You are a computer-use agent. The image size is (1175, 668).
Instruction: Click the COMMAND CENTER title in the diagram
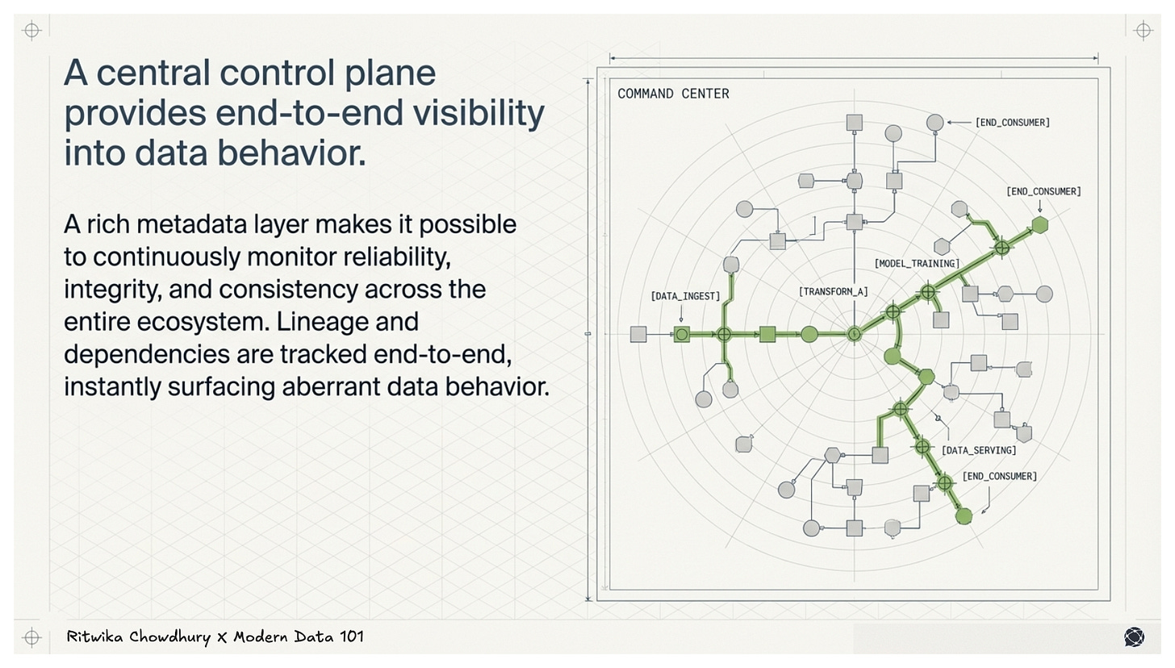[x=673, y=94]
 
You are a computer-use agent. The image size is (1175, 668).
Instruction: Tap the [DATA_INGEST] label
[x=685, y=296]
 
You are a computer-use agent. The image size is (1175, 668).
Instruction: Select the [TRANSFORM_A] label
[x=833, y=291]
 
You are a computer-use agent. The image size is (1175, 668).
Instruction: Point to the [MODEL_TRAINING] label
[x=917, y=264]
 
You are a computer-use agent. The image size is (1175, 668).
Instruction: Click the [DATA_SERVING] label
[x=978, y=450]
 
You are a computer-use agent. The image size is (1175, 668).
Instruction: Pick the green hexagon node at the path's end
[x=1039, y=225]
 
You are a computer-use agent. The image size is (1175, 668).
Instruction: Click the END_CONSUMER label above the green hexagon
[x=1043, y=191]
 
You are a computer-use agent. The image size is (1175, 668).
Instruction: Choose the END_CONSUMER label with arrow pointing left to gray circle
[x=1012, y=123]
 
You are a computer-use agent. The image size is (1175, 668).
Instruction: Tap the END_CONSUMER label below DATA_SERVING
[x=999, y=476]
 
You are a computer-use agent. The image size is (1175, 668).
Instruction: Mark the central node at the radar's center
[x=854, y=334]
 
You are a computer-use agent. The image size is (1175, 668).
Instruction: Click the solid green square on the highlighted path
[x=767, y=334]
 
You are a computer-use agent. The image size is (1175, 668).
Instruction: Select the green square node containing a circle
[x=682, y=334]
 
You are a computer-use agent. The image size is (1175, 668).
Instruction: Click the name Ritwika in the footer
[x=99, y=637]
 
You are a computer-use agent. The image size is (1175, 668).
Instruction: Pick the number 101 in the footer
[x=351, y=637]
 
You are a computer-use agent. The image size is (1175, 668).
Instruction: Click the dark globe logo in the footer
[x=1134, y=637]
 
